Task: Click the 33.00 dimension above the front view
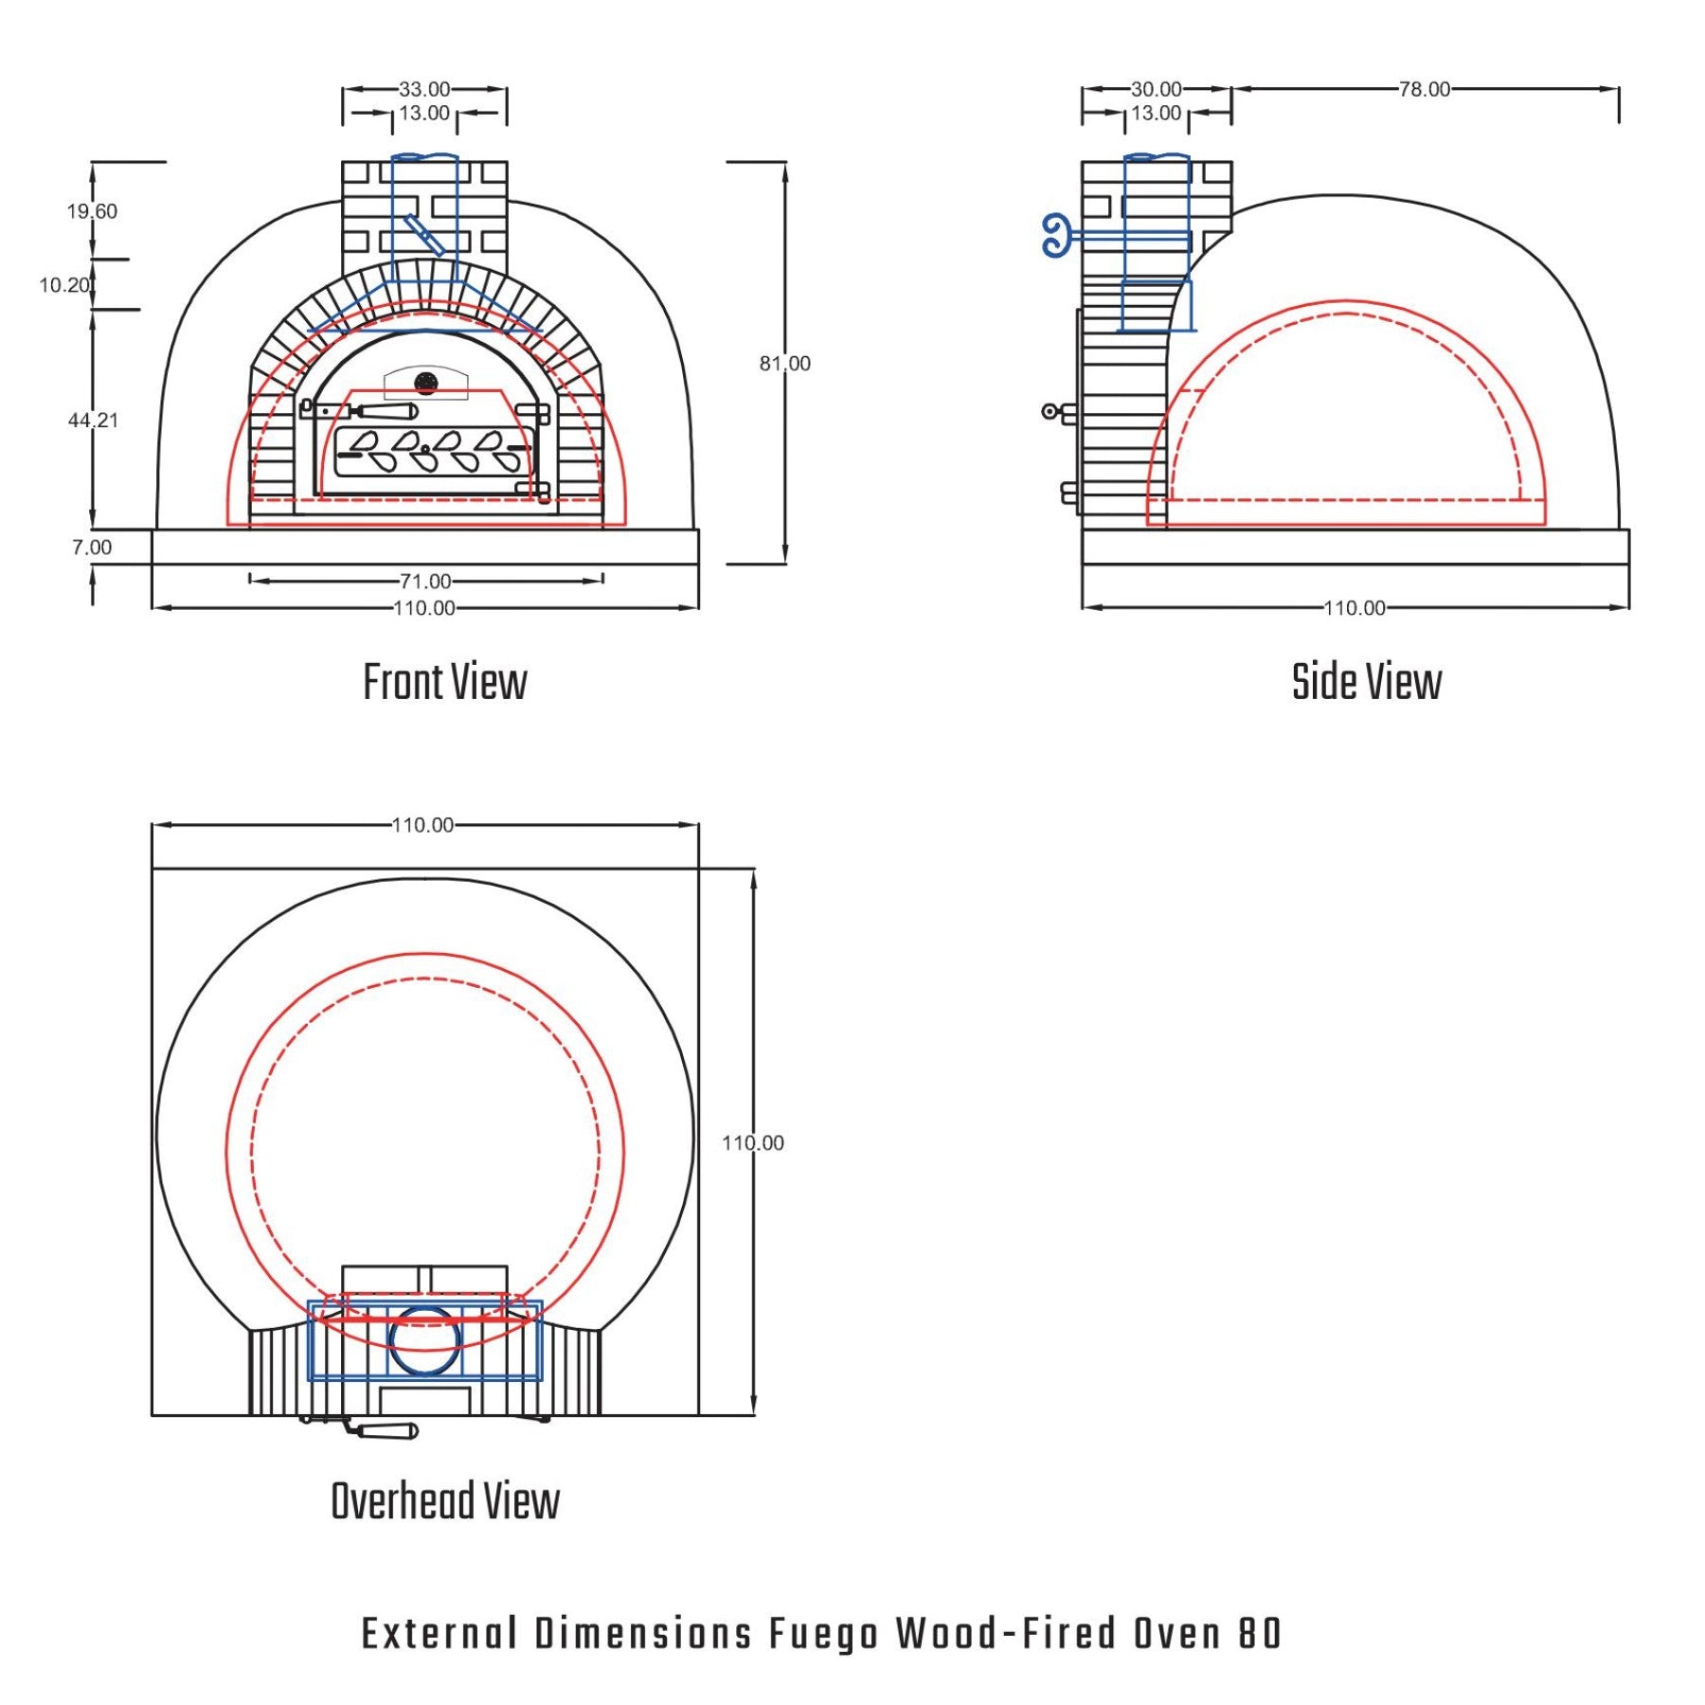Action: pyautogui.click(x=424, y=89)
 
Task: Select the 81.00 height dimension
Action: pyautogui.click(x=785, y=364)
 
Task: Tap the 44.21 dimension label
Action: pyautogui.click(x=93, y=420)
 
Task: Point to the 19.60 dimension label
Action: pyautogui.click(x=92, y=211)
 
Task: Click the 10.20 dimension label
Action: pyautogui.click(x=64, y=285)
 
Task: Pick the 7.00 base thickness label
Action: pyautogui.click(x=92, y=547)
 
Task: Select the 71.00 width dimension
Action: pyautogui.click(x=425, y=582)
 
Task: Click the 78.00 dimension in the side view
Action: pyautogui.click(x=1425, y=89)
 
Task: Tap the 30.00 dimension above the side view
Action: pyautogui.click(x=1157, y=89)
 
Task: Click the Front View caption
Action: pyautogui.click(x=445, y=682)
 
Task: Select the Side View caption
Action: pyautogui.click(x=1367, y=682)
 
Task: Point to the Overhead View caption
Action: pyautogui.click(x=445, y=1501)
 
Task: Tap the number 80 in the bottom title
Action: pyautogui.click(x=1260, y=1633)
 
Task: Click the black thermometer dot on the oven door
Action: pyautogui.click(x=426, y=383)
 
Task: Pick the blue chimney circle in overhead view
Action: pyautogui.click(x=425, y=1339)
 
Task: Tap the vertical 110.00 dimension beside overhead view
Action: pyautogui.click(x=753, y=1142)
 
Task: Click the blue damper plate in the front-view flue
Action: pyautogui.click(x=424, y=234)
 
